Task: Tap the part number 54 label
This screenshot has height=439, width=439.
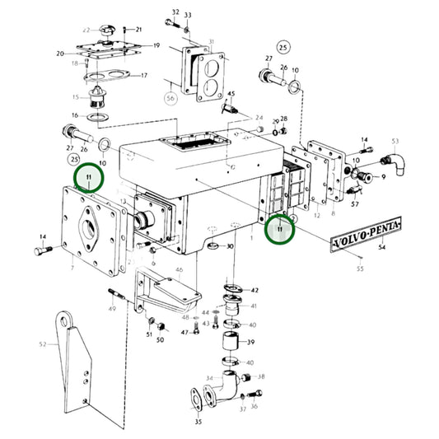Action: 380,247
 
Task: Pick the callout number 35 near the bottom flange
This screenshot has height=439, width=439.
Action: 198,422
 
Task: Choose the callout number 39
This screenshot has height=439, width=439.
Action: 250,342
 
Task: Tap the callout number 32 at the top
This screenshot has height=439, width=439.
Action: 175,12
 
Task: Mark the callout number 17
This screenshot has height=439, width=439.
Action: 143,76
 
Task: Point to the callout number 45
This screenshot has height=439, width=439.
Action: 231,94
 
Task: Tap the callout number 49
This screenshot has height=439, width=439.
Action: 111,309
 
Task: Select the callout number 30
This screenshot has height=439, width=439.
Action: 230,246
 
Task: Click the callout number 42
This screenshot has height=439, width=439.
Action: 255,291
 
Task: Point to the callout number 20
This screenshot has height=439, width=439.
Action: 60,54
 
